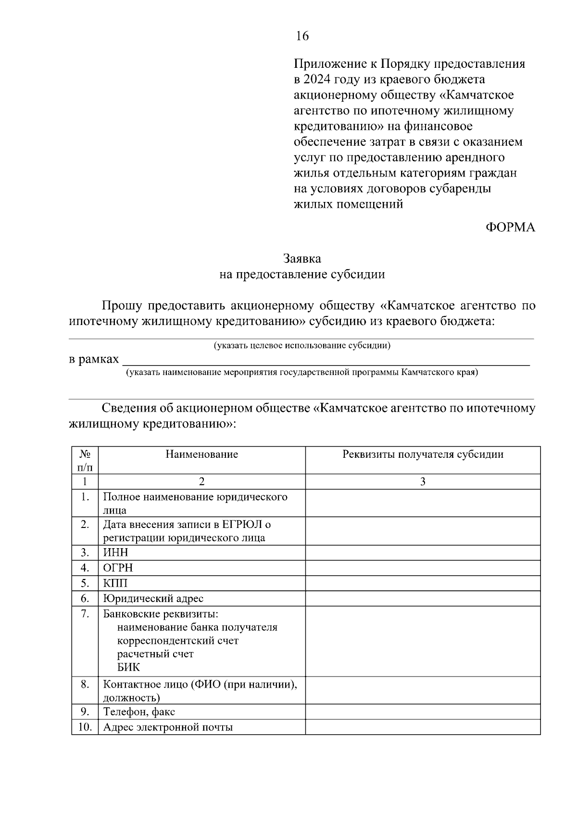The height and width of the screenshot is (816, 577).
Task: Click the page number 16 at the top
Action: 302,36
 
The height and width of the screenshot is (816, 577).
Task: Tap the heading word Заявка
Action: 302,259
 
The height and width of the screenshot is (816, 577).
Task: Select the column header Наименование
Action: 201,454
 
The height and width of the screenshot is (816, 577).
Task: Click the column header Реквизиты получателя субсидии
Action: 423,454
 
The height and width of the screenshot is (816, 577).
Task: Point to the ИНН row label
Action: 116,552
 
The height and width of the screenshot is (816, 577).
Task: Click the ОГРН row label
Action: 118,568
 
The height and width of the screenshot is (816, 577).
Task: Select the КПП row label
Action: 116,583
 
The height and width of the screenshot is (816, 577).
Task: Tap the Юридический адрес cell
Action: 153,599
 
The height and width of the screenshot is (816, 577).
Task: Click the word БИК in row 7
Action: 129,667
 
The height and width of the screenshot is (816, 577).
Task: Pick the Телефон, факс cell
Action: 139,712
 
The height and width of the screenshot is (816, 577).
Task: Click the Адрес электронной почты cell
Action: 168,727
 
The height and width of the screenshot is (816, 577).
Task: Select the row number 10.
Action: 85,727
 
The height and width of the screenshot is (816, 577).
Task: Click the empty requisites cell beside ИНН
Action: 423,552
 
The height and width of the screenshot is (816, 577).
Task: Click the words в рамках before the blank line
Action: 94,359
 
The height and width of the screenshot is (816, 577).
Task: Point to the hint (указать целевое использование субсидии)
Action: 302,345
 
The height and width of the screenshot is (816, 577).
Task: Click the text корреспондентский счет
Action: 178,641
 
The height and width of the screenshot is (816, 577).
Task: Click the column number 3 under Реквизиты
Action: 423,482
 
